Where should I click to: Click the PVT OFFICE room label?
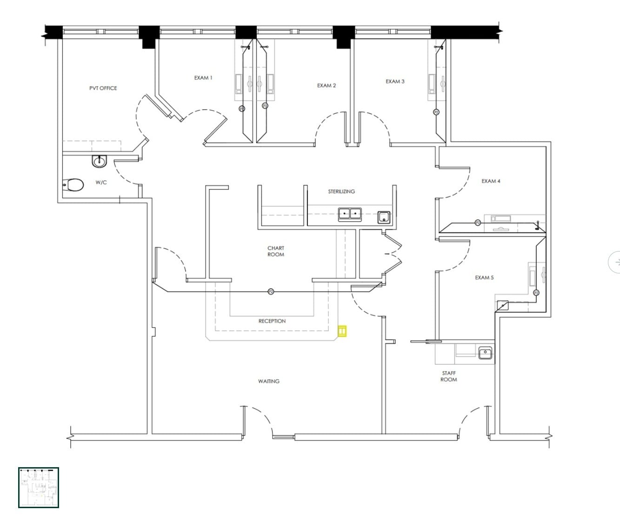(103, 88)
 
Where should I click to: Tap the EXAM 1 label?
(203, 78)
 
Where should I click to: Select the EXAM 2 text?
(326, 86)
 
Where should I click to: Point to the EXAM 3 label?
(395, 82)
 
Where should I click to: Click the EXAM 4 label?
(491, 181)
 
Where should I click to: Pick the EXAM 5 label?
(484, 278)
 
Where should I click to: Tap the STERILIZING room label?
(341, 191)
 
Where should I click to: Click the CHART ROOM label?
(276, 252)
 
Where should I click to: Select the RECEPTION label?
(272, 321)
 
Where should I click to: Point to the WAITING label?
(269, 381)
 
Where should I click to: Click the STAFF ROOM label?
(449, 376)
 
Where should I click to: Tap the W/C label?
(101, 183)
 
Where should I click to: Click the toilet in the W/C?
(73, 185)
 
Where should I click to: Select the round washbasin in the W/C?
(100, 161)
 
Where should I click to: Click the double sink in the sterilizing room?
(350, 214)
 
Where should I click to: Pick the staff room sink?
(485, 353)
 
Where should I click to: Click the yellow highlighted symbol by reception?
(342, 331)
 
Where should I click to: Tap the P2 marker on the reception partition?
(271, 292)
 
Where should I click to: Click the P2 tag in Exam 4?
(478, 223)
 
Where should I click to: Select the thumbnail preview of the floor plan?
(39, 487)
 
